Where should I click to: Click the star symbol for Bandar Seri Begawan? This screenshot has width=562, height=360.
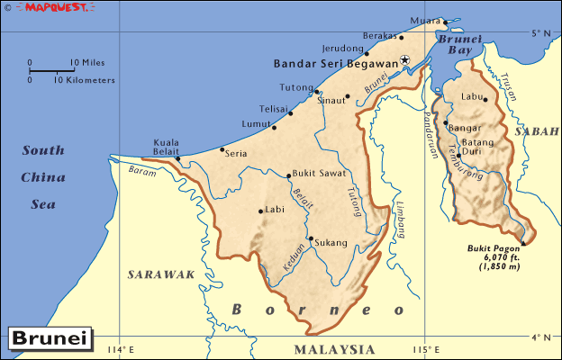(x=405, y=60)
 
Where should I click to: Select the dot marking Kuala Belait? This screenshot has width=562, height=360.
(x=178, y=159)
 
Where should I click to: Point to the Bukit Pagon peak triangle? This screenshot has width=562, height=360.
(x=523, y=243)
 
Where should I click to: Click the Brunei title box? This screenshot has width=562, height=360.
(x=49, y=339)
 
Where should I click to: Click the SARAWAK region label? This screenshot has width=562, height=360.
(x=161, y=274)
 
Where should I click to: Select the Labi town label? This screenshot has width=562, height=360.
(x=276, y=211)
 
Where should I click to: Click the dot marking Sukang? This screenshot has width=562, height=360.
(x=310, y=239)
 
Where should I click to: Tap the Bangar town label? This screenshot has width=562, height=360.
(x=465, y=128)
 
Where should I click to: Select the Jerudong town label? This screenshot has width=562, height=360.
(x=341, y=49)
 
